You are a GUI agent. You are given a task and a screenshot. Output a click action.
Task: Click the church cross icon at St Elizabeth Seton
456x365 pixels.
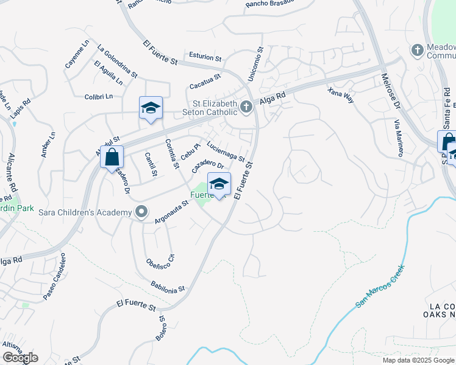246,108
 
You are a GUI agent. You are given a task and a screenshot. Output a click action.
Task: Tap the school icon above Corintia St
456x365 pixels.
151,108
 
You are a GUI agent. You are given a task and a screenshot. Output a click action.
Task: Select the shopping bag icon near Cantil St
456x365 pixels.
112,157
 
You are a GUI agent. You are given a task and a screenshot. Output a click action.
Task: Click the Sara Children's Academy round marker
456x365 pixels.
141,212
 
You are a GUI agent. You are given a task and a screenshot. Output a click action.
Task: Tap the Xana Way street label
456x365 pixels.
340,95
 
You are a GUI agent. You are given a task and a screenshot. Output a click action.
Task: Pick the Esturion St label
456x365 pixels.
205,57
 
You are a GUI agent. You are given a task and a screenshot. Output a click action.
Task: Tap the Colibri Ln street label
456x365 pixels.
99,96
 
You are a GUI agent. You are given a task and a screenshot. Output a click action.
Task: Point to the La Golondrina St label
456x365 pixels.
117,61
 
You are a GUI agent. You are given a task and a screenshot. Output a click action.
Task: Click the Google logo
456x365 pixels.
20,357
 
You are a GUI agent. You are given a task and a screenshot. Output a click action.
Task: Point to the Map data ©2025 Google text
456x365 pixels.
418,360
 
